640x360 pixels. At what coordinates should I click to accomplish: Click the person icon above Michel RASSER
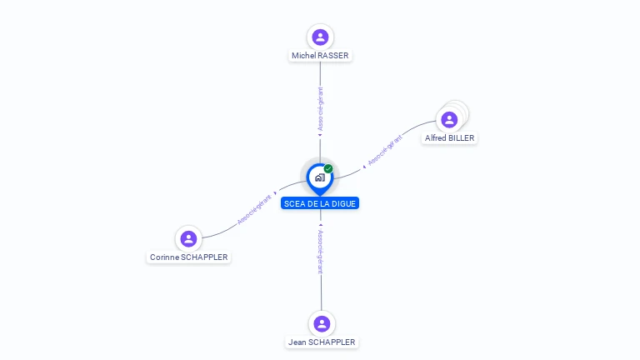click(320, 37)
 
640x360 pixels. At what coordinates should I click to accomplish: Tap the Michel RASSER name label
click(320, 55)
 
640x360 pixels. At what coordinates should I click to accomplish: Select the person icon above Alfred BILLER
click(449, 120)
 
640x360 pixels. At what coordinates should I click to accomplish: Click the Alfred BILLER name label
click(450, 137)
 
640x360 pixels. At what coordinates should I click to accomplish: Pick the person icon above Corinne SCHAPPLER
click(189, 239)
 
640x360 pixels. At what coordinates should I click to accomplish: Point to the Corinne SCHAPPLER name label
click(188, 257)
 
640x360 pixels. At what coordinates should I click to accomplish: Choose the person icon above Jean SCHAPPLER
click(322, 323)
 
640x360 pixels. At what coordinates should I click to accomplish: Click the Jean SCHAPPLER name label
click(322, 342)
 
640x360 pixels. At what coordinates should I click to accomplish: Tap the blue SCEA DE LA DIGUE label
click(320, 203)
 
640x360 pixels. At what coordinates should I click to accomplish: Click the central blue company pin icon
click(319, 177)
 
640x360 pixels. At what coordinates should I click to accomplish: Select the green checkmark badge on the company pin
click(328, 168)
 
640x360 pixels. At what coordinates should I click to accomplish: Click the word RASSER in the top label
click(333, 55)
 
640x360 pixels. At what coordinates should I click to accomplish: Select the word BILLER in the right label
click(462, 137)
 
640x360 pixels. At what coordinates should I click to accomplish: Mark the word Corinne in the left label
click(164, 257)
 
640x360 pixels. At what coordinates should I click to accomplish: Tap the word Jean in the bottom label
click(297, 342)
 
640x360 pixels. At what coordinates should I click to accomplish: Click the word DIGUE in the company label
click(344, 203)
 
